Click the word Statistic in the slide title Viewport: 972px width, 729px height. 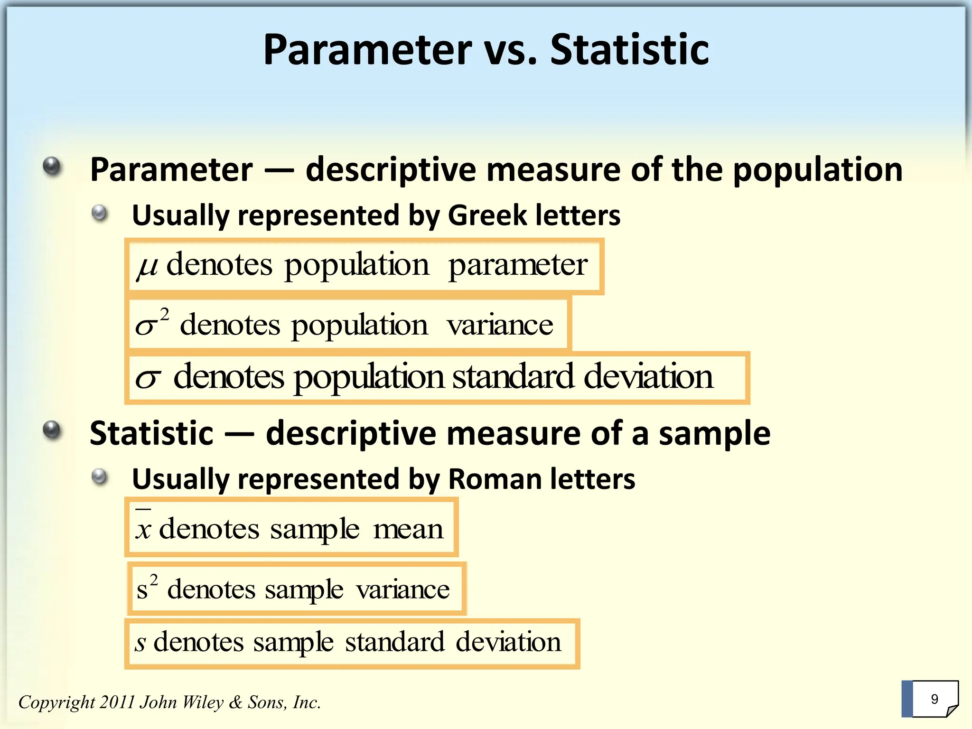[x=629, y=50]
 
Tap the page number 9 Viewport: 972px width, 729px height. [x=935, y=699]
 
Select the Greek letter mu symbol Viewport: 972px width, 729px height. [x=147, y=266]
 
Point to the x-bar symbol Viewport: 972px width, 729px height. [x=143, y=527]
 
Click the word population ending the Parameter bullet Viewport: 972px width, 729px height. [x=817, y=170]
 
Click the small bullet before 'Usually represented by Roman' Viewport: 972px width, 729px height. [x=100, y=477]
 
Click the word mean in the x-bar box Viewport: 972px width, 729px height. [x=408, y=529]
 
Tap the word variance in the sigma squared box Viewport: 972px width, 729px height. [x=499, y=326]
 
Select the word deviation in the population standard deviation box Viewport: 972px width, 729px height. [x=648, y=376]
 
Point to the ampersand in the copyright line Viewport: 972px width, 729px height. [x=235, y=702]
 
